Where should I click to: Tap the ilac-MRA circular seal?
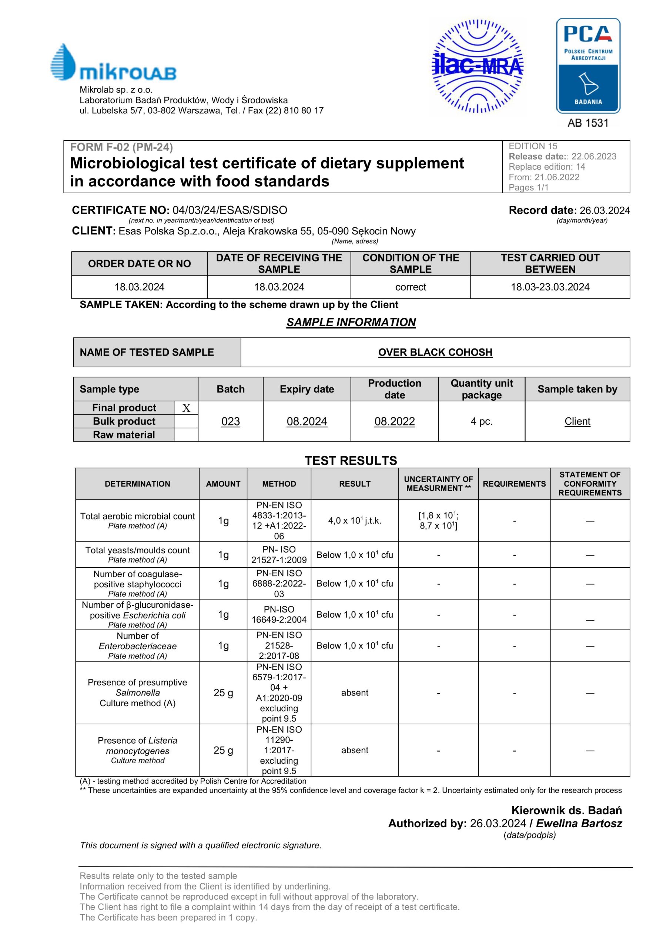pos(477,66)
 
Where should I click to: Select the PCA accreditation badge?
pos(588,66)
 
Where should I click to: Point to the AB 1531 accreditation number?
pos(588,123)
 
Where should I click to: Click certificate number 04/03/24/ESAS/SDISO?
pos(230,210)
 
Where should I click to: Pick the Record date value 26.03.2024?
pos(604,211)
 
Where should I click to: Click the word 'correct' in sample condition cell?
pos(411,287)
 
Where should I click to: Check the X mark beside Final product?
pos(186,408)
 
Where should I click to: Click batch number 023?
pos(230,421)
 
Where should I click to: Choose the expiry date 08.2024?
pos(307,421)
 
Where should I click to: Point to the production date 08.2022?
pos(395,421)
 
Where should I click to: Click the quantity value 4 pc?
pos(481,421)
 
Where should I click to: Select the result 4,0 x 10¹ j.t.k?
pos(355,521)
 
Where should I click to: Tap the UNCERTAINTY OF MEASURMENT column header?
pos(438,484)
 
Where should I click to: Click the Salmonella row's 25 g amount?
pos(223,693)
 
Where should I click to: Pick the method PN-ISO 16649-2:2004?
pos(279,614)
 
